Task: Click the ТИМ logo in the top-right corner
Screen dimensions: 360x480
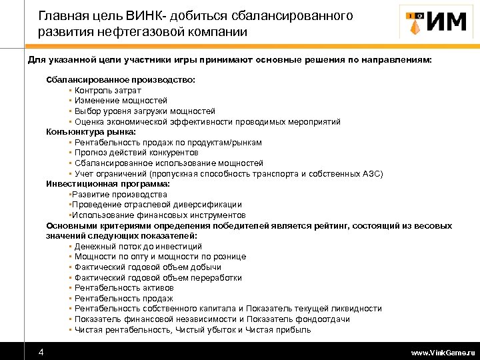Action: (x=433, y=22)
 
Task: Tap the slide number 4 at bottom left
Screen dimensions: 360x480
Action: (x=41, y=351)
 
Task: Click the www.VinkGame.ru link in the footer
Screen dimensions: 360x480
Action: (x=443, y=352)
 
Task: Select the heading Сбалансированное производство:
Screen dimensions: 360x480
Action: (x=121, y=79)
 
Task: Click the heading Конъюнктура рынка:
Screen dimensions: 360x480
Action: (x=91, y=132)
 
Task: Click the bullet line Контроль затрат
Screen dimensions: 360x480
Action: (x=108, y=90)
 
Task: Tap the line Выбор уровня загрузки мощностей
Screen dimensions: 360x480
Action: (x=145, y=111)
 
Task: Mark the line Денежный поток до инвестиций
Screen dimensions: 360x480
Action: (x=138, y=246)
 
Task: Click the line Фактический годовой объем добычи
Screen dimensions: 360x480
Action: (x=147, y=267)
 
